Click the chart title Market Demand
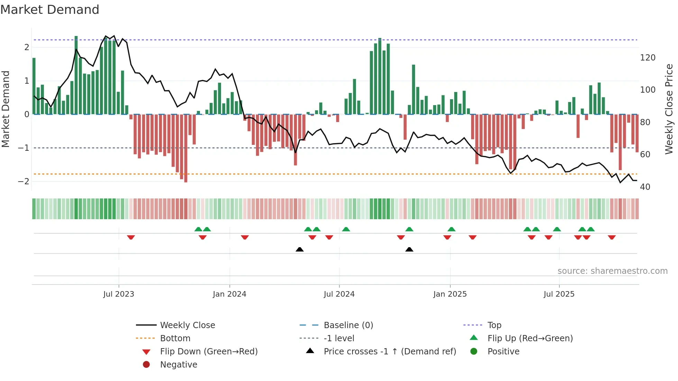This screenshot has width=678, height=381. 50,10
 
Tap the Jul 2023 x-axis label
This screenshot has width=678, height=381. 119,294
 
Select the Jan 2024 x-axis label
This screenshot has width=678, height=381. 229,294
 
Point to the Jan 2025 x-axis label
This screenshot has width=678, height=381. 450,294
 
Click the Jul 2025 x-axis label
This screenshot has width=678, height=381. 559,294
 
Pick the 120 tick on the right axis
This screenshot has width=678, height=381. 648,58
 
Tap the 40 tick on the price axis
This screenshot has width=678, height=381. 645,187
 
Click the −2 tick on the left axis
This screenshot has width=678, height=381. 24,182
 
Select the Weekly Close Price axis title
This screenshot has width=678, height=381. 669,109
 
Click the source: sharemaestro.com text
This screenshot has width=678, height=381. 612,271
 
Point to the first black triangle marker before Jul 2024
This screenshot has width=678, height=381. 300,249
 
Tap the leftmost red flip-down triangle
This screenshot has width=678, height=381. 131,238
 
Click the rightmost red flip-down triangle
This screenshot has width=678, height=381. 612,238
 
